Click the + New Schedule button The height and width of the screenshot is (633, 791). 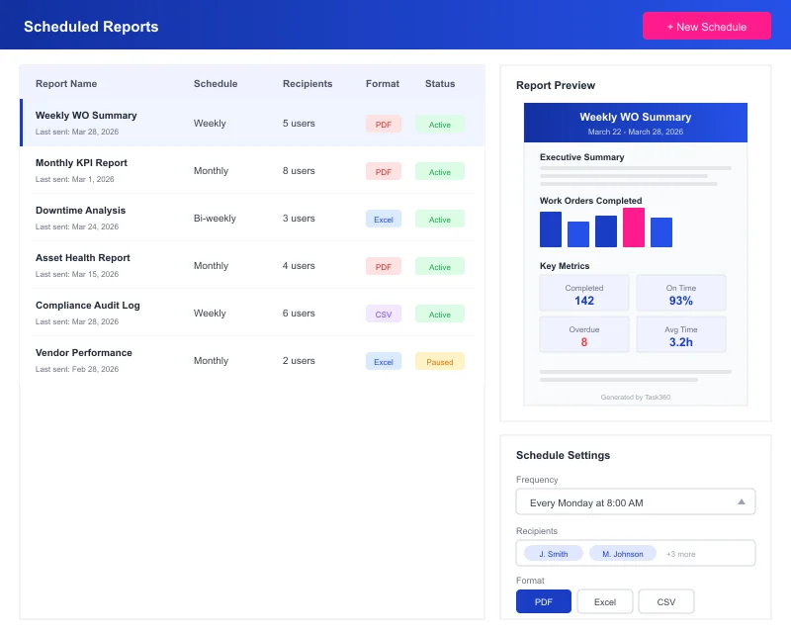[706, 27]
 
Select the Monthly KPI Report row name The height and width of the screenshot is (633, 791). [81, 163]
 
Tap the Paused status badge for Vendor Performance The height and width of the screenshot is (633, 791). [439, 362]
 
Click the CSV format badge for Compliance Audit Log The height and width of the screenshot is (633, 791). [383, 315]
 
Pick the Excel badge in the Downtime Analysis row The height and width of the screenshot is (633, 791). [383, 220]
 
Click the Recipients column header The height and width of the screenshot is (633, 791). [307, 84]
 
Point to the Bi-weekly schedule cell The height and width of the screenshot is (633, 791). [215, 219]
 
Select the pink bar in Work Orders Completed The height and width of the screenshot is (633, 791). [634, 227]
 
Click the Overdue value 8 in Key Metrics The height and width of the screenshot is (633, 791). [583, 342]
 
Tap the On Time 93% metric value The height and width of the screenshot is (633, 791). [680, 301]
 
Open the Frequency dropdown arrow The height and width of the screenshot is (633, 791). [741, 502]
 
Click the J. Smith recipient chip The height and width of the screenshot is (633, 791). [554, 554]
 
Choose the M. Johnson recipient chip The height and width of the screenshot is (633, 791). [622, 554]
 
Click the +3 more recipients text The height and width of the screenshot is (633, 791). [680, 554]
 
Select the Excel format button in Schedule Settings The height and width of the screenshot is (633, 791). [604, 601]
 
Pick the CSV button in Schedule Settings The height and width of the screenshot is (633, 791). [665, 601]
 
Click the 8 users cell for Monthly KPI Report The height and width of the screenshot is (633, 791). [299, 171]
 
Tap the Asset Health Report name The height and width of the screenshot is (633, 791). [83, 258]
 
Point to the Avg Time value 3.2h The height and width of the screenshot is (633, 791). [680, 342]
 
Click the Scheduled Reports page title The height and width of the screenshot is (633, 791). [91, 27]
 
